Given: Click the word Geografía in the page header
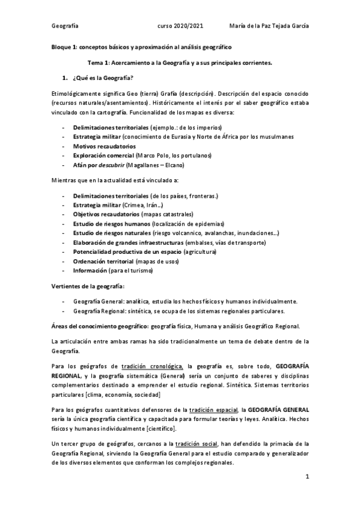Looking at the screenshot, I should pyautogui.click(x=64, y=26).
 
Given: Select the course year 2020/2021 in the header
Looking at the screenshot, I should pyautogui.click(x=180, y=26).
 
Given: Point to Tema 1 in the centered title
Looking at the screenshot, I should pyautogui.click(x=100, y=63).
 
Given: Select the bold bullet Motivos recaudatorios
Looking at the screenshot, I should pyautogui.click(x=104, y=146).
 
